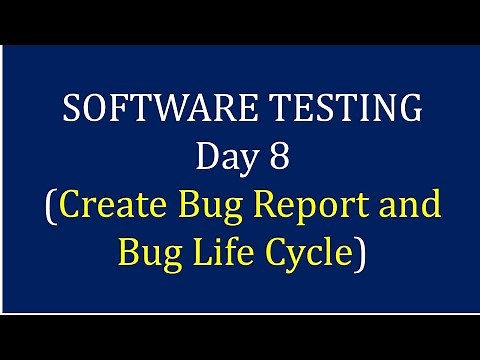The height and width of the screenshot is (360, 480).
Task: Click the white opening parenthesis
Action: (x=51, y=206)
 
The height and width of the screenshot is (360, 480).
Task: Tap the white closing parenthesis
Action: (x=360, y=254)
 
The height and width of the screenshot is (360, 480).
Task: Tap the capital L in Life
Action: (x=206, y=252)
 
